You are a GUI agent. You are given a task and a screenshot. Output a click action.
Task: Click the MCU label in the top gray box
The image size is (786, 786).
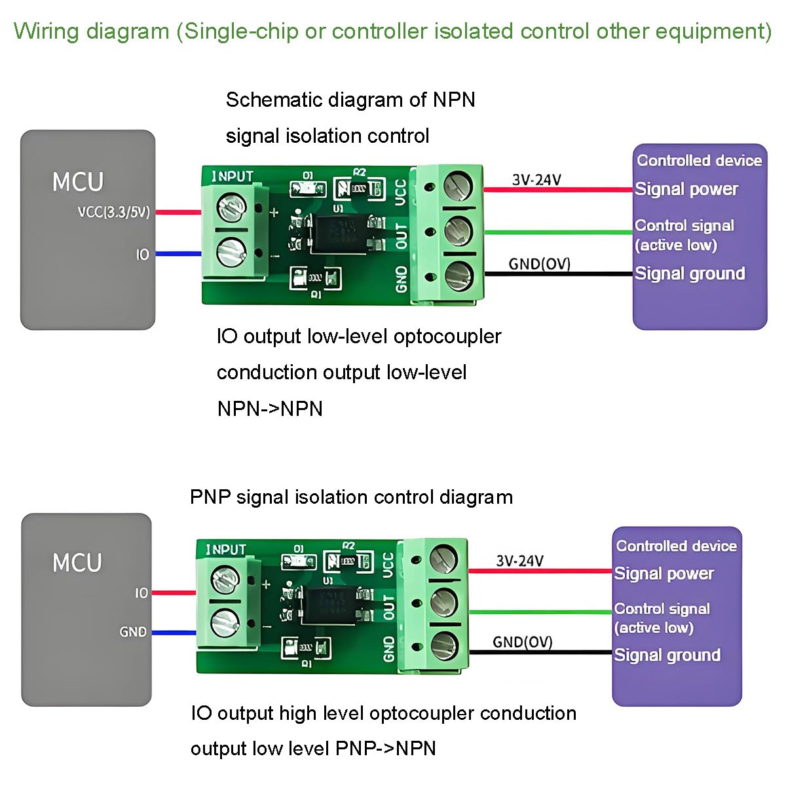tap(77, 181)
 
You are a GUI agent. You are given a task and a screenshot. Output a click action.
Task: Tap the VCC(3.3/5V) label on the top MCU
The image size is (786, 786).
tap(114, 212)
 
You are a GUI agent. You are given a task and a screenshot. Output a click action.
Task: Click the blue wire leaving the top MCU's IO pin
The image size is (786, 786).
tap(179, 254)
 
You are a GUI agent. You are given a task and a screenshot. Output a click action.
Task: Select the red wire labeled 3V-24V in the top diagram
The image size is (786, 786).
tap(558, 190)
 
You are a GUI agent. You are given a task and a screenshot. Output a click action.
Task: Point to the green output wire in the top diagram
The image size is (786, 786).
tap(558, 233)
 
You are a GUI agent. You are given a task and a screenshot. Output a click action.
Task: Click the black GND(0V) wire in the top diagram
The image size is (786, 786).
tap(558, 274)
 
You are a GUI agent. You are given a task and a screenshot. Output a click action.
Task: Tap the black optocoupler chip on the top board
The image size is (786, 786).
tap(339, 233)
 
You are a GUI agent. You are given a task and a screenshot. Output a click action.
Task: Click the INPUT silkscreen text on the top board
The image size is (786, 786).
tap(232, 177)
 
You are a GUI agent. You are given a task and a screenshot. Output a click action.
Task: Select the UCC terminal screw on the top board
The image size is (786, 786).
tap(458, 187)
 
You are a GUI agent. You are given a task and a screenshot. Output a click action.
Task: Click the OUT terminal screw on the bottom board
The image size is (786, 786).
tap(444, 603)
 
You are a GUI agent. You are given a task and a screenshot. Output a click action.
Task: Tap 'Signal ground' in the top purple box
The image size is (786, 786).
tap(690, 274)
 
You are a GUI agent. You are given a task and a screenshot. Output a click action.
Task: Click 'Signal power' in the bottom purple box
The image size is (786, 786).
tap(664, 574)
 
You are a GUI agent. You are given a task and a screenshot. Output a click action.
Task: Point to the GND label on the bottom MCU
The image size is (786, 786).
tap(133, 632)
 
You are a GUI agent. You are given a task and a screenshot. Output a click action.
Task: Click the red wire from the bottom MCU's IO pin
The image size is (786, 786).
tap(174, 592)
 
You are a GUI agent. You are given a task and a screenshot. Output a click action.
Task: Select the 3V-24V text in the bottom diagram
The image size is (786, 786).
tap(519, 561)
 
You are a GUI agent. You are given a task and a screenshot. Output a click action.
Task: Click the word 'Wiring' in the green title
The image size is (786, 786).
tap(46, 31)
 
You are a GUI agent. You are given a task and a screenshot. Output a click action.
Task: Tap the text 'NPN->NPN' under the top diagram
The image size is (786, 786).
tap(270, 409)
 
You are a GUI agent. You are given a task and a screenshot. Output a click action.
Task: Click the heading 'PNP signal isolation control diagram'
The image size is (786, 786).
tap(351, 498)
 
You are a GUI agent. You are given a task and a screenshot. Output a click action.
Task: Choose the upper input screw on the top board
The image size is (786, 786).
tap(231, 207)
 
